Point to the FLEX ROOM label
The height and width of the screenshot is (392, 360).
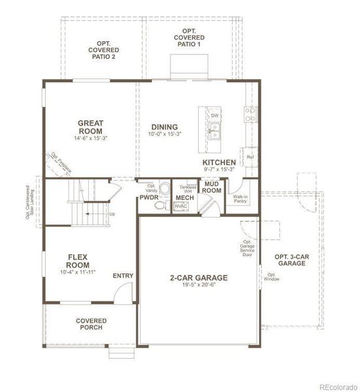78,261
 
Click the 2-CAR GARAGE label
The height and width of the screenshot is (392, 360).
197,276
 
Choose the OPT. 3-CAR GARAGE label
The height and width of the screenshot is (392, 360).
291,259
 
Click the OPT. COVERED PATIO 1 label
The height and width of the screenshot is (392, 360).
189,38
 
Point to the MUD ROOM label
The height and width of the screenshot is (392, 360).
212,188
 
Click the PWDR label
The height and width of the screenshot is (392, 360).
149,197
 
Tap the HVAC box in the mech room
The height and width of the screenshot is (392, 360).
181,206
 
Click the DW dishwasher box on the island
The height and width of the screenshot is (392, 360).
214,116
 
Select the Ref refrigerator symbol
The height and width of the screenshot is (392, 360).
250,157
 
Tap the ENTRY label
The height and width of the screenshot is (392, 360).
123,276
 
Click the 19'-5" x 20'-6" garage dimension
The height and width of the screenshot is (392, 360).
197,285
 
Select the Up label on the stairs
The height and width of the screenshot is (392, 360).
112,214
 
